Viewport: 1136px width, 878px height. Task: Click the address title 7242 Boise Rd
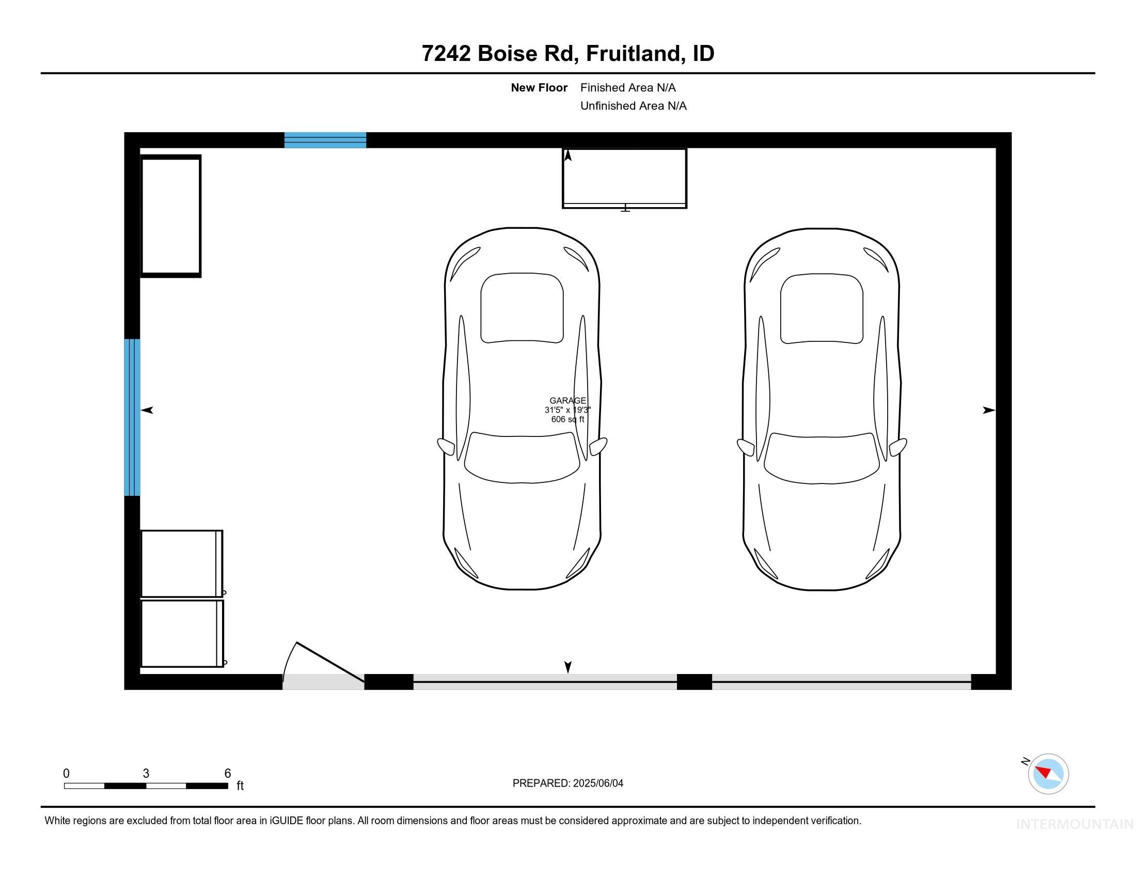567,54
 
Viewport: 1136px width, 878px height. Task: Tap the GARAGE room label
567,400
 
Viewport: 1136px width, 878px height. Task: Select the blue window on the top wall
325,140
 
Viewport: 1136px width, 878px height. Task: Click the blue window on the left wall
132,417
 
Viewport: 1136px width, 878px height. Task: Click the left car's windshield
522,458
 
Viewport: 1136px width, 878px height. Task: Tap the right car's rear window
822,308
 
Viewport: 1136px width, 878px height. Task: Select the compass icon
1048,774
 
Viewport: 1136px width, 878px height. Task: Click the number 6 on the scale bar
227,774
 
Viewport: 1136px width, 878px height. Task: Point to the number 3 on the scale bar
146,774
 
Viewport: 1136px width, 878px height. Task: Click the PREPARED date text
567,783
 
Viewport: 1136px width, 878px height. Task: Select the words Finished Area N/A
628,88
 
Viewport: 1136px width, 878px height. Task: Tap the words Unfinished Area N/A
633,106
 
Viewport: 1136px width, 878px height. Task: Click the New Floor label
539,88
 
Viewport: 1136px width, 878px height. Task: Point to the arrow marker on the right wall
988,411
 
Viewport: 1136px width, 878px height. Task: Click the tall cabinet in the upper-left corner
170,216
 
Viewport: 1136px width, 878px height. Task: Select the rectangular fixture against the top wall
624,178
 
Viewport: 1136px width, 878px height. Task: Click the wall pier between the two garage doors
694,681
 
